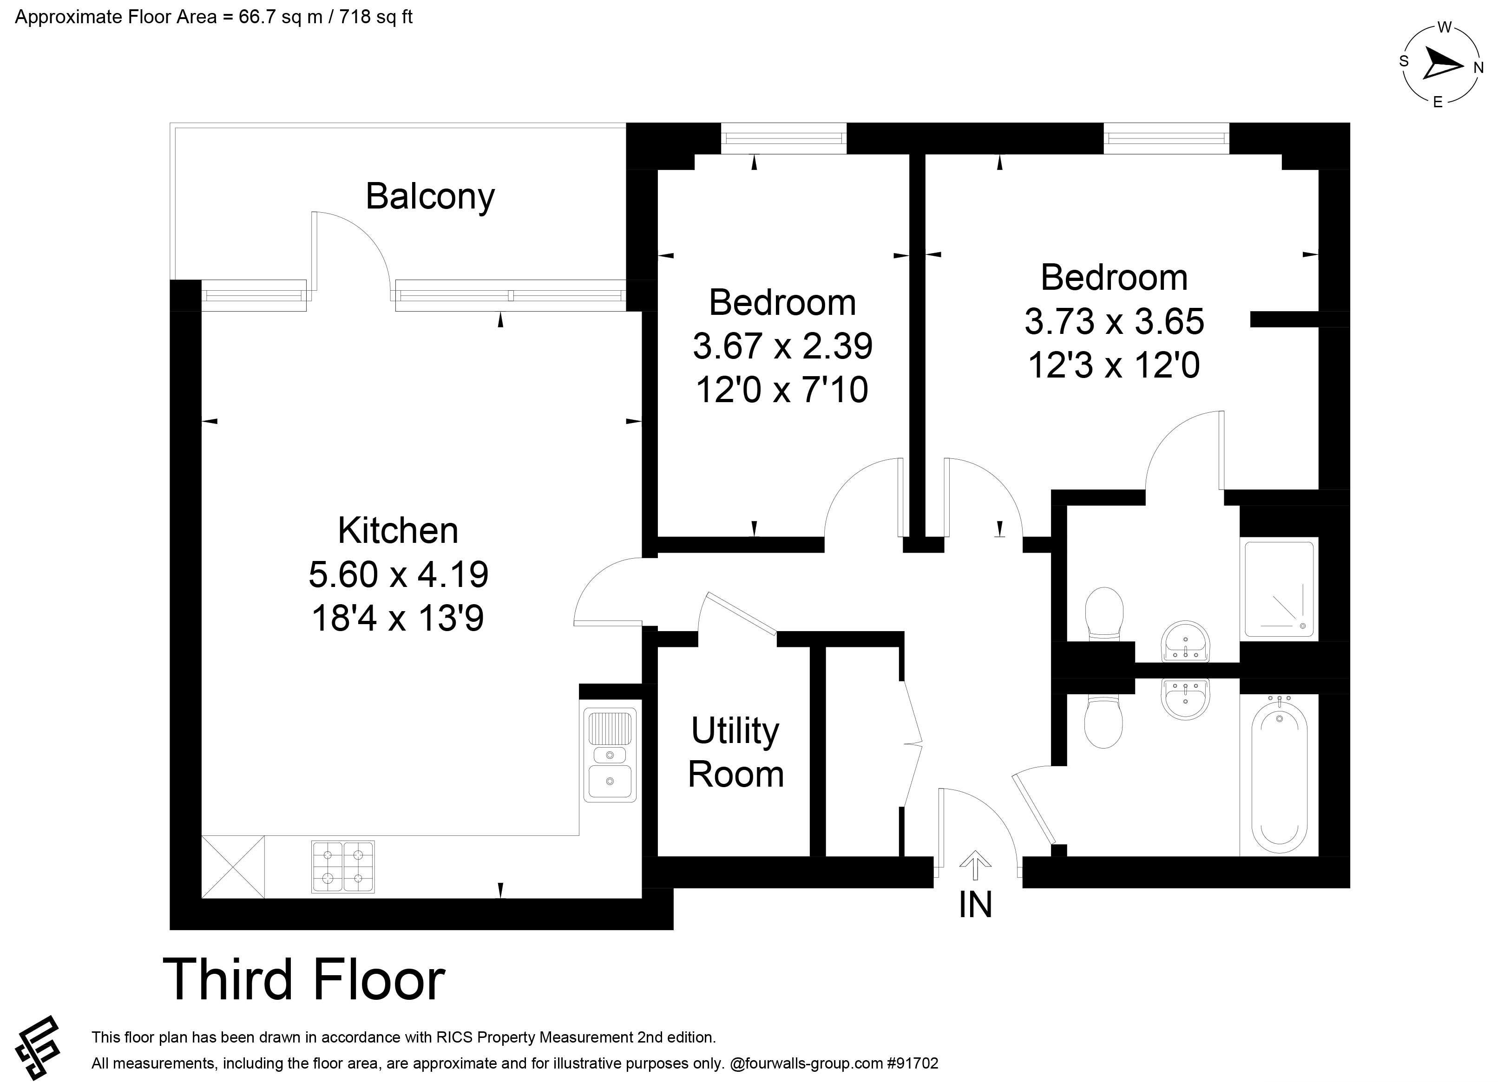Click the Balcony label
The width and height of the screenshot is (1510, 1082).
(430, 197)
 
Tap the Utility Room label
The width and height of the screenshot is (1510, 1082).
(735, 753)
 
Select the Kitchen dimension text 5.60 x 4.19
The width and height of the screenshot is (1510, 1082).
(398, 574)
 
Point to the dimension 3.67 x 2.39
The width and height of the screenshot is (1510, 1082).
(782, 346)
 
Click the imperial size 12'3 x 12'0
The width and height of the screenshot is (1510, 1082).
(1114, 365)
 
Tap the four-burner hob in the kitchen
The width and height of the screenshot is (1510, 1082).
(343, 867)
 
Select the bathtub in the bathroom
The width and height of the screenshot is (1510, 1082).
(1279, 774)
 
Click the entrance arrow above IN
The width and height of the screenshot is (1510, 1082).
(975, 867)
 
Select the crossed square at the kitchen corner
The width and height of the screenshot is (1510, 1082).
(233, 867)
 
